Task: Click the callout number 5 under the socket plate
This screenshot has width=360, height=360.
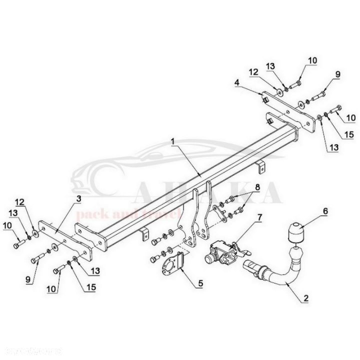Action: click(x=200, y=283)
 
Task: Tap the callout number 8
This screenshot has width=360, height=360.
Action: click(x=257, y=187)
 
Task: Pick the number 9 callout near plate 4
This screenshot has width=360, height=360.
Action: click(x=337, y=74)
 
